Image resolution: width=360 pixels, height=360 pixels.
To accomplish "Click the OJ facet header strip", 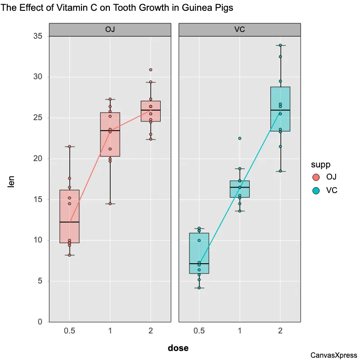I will click(110, 30).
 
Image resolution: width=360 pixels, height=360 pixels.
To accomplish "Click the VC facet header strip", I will click(239, 30).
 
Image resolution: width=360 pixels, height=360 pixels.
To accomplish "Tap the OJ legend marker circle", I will click(316, 177).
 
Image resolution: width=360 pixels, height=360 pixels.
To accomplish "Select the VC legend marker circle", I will click(316, 190).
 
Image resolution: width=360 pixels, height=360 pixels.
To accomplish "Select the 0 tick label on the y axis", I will click(40, 322).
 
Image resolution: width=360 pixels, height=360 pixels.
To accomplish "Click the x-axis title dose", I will click(178, 348).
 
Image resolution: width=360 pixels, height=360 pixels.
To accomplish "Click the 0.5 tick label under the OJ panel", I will click(69, 331).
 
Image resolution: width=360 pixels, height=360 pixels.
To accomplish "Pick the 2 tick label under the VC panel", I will click(280, 331).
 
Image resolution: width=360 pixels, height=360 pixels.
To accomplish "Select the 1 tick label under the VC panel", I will click(240, 331).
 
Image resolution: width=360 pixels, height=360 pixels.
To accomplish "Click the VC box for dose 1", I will click(240, 189).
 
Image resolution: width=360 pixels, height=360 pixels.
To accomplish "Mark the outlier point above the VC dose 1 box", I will click(240, 139).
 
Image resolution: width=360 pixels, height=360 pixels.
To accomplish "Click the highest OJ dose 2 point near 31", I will click(151, 70).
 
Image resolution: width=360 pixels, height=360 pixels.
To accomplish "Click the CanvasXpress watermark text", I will click(334, 355).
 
